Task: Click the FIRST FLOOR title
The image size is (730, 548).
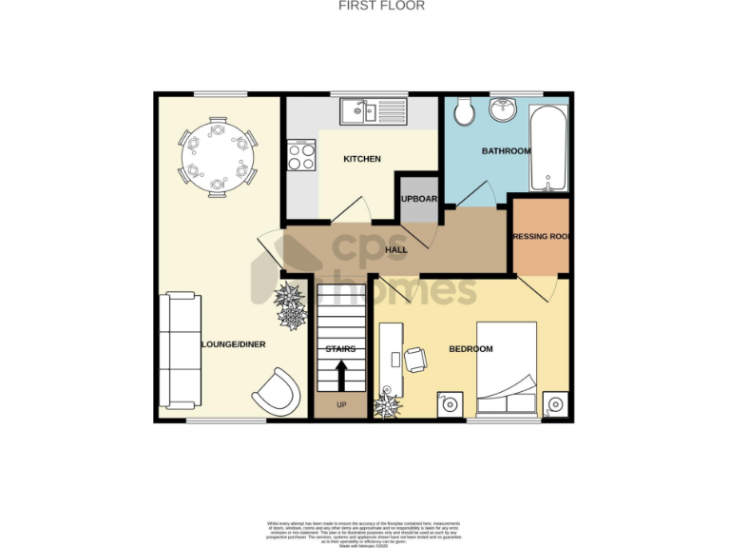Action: [x=381, y=6]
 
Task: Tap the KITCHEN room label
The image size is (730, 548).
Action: [x=361, y=159]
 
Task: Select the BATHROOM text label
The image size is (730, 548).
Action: [x=506, y=151]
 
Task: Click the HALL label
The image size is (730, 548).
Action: [x=396, y=250]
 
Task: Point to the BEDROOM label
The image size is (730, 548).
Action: [x=471, y=349]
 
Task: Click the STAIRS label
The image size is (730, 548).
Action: [x=340, y=349]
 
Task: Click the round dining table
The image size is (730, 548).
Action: [x=218, y=157]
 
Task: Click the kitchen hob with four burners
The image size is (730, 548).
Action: [x=302, y=155]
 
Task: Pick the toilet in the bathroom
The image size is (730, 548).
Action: [x=466, y=113]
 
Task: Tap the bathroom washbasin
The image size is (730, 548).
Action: [x=504, y=112]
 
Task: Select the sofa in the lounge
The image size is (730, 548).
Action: [x=180, y=349]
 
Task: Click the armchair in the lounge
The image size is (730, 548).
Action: [x=279, y=389]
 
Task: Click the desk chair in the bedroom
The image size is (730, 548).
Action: [x=415, y=360]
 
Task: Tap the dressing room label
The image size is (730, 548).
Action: [x=540, y=236]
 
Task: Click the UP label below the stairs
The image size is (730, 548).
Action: [x=340, y=405]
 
